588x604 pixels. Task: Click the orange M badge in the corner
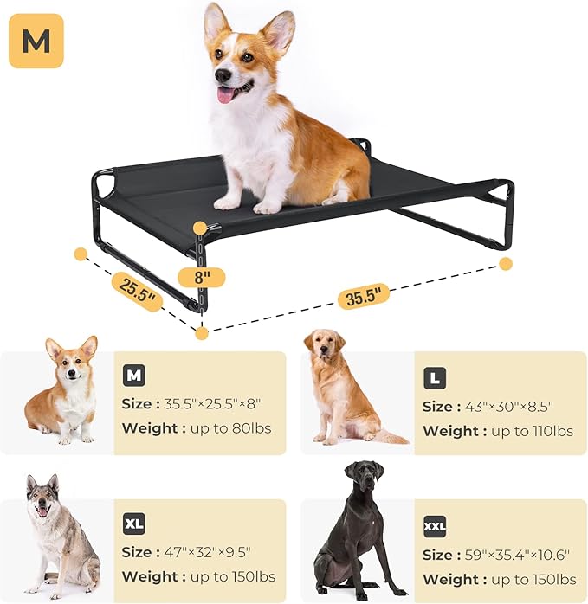(x=36, y=41)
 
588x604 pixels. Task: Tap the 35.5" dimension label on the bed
(x=363, y=296)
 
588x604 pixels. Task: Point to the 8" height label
(x=201, y=277)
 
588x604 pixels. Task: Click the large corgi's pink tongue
(x=225, y=94)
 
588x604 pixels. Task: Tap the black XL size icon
(x=134, y=524)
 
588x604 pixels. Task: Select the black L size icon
(x=436, y=378)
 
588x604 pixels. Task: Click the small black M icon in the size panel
(x=134, y=376)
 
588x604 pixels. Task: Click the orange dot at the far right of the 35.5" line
(x=506, y=263)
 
